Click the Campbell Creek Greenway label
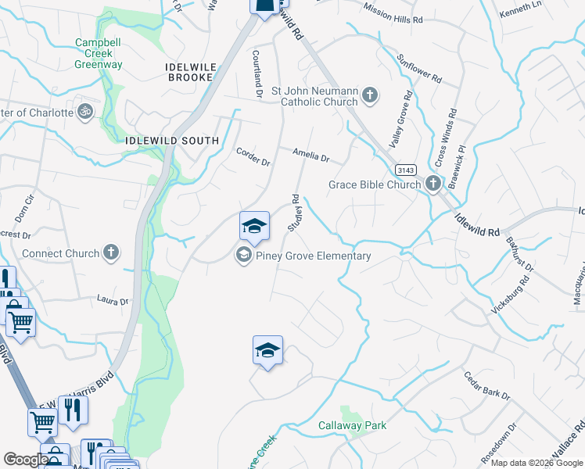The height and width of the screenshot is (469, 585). pos(99,54)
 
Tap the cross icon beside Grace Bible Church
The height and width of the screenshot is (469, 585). pos(433,184)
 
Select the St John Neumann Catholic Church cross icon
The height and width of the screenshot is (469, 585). pos(369,96)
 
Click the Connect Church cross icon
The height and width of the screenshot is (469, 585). pos(112,252)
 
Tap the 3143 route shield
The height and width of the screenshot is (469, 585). pos(405,170)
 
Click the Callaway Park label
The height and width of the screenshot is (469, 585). pos(352,426)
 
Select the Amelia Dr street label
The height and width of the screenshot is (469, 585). pos(310,156)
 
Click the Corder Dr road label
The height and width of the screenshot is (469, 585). pos(253,157)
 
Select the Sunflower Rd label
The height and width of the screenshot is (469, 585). pos(418,69)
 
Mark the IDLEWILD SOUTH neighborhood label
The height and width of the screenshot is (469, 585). pos(172,141)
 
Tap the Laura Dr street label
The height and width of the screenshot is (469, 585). pos(113,300)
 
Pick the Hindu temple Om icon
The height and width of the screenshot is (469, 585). pos(86,113)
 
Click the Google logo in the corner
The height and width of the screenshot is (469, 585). pos(26,460)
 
